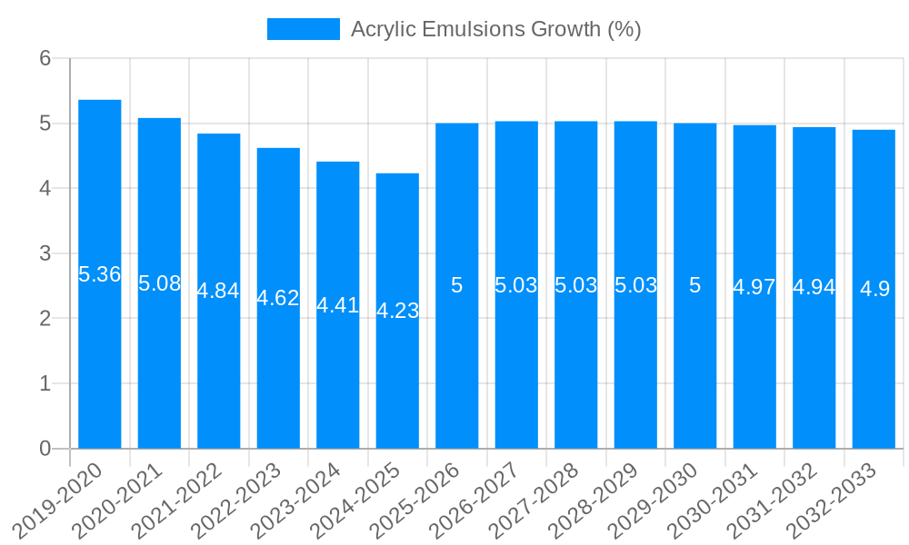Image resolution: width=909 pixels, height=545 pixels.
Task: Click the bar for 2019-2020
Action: point(100,363)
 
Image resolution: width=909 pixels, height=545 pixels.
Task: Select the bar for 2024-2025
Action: point(397,381)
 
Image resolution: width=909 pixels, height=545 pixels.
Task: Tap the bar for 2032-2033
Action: point(874,363)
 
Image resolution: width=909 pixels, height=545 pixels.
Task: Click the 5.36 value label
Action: point(100,274)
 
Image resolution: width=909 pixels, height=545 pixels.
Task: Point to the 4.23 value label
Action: point(397,311)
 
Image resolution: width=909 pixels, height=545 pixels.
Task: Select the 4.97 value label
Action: point(754,287)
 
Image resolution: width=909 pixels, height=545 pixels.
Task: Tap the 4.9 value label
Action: point(874,289)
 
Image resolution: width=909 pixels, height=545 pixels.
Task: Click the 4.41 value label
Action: point(338,305)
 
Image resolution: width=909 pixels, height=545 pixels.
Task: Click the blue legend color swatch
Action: point(303,29)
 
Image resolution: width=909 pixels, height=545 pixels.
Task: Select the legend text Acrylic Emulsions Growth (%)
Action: point(495,29)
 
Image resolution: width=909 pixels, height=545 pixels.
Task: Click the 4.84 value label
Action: point(219,291)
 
